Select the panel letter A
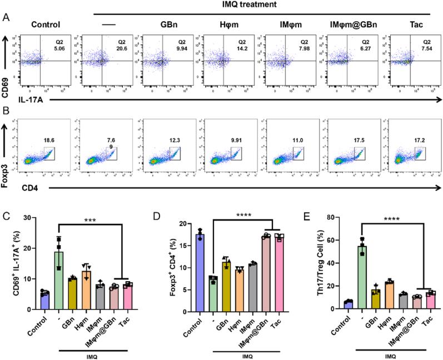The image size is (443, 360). (5, 18)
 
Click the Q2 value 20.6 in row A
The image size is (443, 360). (117, 48)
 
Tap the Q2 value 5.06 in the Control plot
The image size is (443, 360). (56, 48)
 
